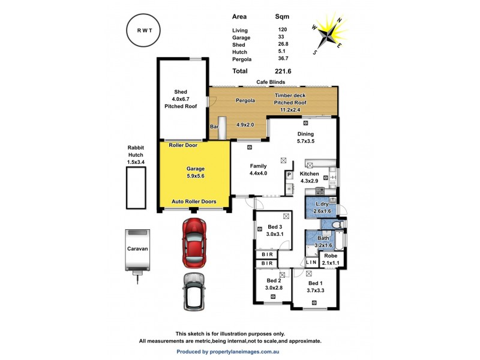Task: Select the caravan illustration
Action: click(137, 250)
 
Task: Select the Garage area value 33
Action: click(282, 37)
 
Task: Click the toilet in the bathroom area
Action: click(337, 224)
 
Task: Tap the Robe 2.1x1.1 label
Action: click(331, 259)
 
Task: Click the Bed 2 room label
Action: click(274, 284)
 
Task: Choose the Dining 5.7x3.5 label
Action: click(306, 137)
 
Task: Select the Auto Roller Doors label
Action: click(194, 202)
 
